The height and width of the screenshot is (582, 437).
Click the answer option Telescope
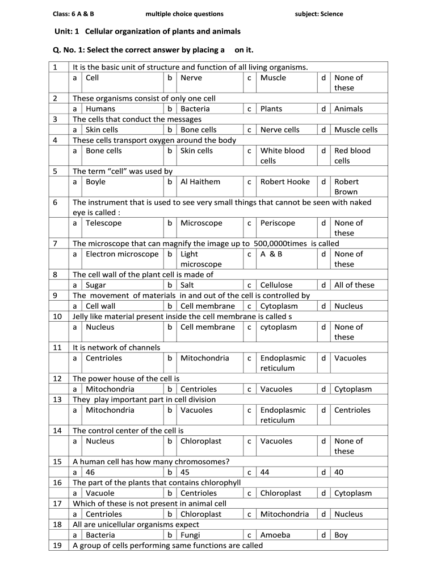coord(103,223)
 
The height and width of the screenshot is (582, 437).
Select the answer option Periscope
coord(278,223)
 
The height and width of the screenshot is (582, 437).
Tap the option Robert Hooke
coord(285,182)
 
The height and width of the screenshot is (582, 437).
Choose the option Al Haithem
coord(200,182)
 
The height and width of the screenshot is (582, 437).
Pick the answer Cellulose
coord(276,285)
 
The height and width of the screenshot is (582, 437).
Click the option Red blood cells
coord(352,156)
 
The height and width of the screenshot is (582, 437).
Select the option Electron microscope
coord(122,254)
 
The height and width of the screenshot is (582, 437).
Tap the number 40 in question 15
coord(339,472)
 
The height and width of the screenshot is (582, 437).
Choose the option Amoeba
coord(275,535)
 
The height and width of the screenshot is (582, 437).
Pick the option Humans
coord(100,109)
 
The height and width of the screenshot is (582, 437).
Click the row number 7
coord(55,244)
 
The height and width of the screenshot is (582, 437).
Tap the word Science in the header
coord(331,14)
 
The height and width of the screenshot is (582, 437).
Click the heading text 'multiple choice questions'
coord(184,14)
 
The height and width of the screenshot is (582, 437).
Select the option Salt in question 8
coord(187,285)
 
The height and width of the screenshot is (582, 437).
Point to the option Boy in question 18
coord(341,535)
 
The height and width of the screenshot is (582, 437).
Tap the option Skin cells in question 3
coord(102,130)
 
